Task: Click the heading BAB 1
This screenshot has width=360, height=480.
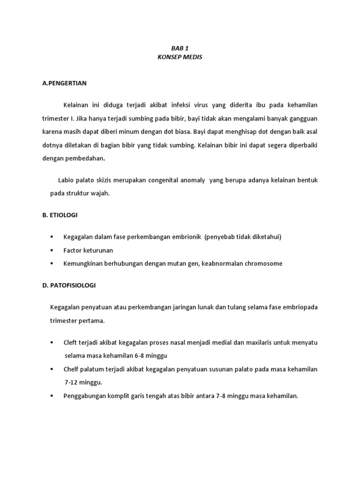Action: tap(180, 48)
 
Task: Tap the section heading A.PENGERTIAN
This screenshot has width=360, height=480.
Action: tap(64, 83)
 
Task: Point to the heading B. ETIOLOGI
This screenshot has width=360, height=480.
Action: tap(60, 215)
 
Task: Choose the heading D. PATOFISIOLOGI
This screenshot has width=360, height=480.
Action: tap(68, 285)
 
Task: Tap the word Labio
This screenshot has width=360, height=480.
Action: tap(66, 180)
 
